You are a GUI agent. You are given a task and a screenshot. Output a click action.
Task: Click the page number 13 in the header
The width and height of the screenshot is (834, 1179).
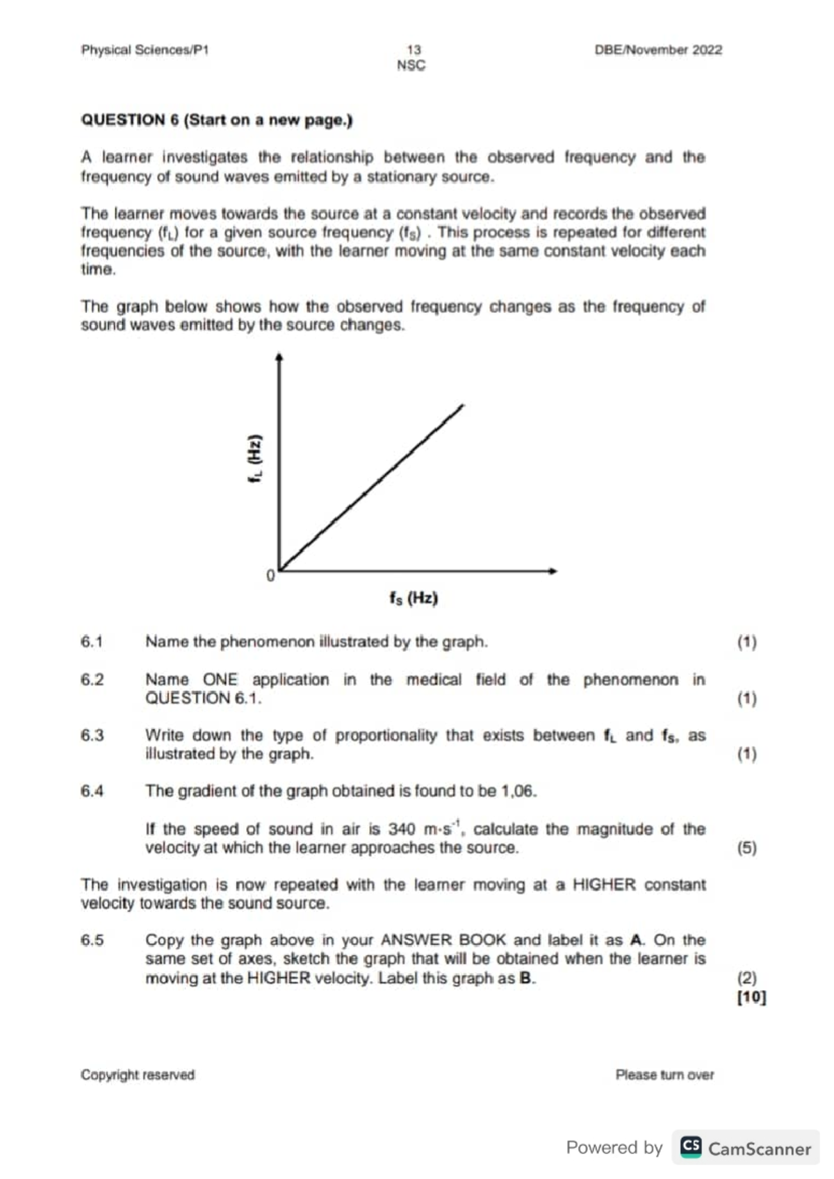click(414, 50)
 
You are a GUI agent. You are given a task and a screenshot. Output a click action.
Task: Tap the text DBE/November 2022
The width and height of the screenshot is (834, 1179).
click(657, 50)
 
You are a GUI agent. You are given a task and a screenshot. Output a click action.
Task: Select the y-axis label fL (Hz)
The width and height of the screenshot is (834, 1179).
click(256, 459)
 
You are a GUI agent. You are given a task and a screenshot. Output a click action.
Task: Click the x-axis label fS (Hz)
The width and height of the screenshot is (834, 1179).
click(414, 598)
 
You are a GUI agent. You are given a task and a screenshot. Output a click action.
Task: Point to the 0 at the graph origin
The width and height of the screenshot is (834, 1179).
click(270, 576)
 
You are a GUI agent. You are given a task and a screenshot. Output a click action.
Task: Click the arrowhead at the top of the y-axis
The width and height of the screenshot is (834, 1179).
click(279, 358)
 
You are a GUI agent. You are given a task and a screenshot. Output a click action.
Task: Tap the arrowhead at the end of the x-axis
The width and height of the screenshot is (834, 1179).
click(553, 571)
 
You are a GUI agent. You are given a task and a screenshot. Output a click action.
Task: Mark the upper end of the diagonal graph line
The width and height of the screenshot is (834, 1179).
click(461, 405)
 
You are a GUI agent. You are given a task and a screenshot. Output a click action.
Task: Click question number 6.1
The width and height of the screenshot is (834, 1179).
click(92, 642)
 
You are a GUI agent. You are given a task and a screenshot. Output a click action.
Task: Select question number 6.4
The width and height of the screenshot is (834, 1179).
click(92, 791)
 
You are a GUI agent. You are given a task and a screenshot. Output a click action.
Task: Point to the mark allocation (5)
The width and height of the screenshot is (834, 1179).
click(747, 848)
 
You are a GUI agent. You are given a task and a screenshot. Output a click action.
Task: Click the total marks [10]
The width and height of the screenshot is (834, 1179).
click(751, 998)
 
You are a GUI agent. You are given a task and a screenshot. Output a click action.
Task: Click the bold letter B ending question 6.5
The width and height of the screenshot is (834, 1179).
click(526, 978)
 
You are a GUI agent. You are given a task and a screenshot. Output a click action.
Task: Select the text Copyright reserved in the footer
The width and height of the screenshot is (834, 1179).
click(138, 1075)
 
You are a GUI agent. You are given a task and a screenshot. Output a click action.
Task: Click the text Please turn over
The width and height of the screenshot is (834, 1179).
click(664, 1075)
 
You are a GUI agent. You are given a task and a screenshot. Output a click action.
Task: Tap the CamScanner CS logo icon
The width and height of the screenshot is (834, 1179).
click(691, 1146)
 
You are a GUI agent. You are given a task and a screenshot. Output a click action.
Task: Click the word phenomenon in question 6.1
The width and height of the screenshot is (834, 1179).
click(268, 642)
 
